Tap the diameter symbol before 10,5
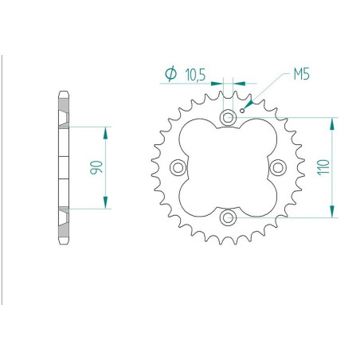pyautogui.click(x=170, y=74)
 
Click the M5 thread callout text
pyautogui.click(x=301, y=76)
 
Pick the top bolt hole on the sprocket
pyautogui.click(x=229, y=119)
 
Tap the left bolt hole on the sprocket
pyautogui.click(x=178, y=167)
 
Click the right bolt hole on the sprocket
pyautogui.click(x=278, y=167)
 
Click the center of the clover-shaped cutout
pyautogui.click(x=229, y=167)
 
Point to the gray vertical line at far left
pyautogui.click(x=2, y=179)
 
